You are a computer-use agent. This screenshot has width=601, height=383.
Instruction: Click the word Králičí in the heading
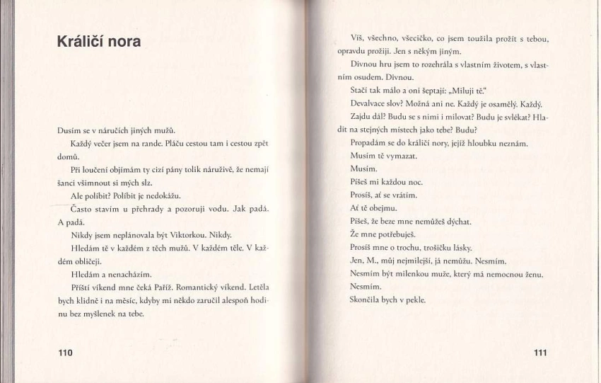(83, 42)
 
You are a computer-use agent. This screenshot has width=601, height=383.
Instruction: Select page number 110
(65, 352)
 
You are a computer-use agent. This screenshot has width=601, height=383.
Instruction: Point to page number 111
(539, 353)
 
